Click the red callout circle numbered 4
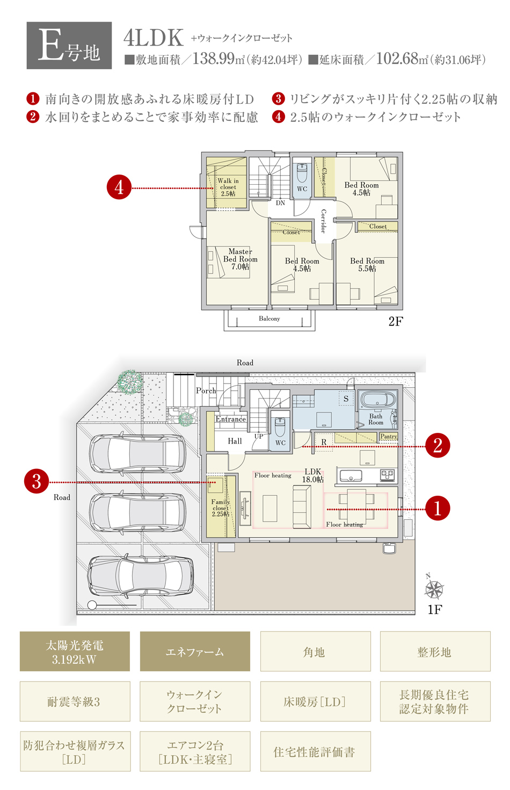click(119, 187)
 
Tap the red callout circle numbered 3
click(37, 482)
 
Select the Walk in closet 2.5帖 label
click(228, 187)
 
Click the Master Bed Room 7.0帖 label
click(241, 259)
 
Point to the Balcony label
click(269, 318)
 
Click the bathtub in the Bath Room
click(376, 401)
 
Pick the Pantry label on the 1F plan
click(389, 436)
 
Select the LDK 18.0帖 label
click(313, 475)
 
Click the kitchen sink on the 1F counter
click(351, 476)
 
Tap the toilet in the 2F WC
click(302, 173)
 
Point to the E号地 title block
click(69, 46)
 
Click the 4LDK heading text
click(154, 38)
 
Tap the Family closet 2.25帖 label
click(221, 508)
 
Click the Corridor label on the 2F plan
click(323, 221)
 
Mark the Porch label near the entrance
click(206, 390)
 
